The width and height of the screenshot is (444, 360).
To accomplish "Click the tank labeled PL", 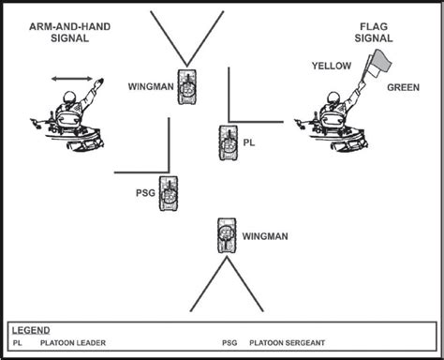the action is point(228,142).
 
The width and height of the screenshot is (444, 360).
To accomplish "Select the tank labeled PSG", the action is point(169,193).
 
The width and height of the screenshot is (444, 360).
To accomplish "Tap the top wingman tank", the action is point(187,87).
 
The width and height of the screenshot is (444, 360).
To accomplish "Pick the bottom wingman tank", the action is point(227,235).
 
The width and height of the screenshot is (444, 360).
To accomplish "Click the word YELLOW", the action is point(332,66).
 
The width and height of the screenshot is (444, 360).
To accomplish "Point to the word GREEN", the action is point(403,87).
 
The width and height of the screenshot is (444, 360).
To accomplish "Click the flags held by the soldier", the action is point(377,65).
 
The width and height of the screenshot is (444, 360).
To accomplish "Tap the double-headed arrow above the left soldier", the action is point(72,79).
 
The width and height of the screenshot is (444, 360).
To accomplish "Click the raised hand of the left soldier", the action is point(99,82).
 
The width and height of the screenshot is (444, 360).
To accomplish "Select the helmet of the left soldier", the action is point(69,97).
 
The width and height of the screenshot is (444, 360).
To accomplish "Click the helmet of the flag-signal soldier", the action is point(333,97).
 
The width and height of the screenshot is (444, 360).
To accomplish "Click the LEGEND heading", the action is point(31,330).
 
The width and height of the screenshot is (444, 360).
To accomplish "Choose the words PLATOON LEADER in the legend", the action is point(73,343).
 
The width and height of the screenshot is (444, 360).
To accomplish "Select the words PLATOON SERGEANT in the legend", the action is point(287,343).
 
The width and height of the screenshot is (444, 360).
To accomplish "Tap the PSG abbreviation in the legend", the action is point(229,343).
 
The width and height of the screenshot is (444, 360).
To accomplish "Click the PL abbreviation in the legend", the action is point(18,343).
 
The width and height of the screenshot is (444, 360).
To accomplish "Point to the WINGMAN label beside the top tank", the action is point(151,86).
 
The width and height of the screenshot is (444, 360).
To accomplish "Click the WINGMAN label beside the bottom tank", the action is point(265,236).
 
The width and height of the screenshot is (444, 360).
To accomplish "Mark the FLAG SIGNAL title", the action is point(374,33).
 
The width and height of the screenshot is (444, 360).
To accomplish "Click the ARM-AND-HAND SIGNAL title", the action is point(69,33).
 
